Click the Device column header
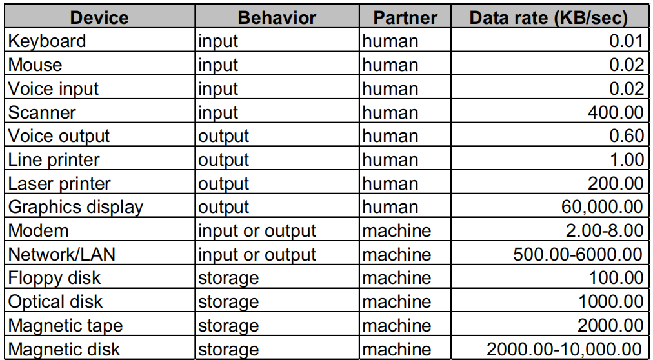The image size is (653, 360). pos(99,17)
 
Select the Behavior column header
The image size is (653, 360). pos(277,17)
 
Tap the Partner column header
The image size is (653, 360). pos(405,17)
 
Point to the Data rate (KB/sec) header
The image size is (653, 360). pos(548,17)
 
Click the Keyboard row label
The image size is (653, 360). pos(47,41)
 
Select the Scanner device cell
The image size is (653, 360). pos(42,112)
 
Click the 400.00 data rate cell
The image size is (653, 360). pos(616,112)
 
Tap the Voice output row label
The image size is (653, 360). pos(59,136)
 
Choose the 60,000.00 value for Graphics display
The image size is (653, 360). pos(602,208)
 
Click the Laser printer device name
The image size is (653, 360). pos(59,184)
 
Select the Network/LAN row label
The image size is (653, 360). pos(62,254)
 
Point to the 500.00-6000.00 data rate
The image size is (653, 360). pos(578,254)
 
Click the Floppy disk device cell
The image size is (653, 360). pos(55,278)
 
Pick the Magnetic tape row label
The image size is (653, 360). pos(65,326)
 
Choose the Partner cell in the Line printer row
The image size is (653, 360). pos(390,160)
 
